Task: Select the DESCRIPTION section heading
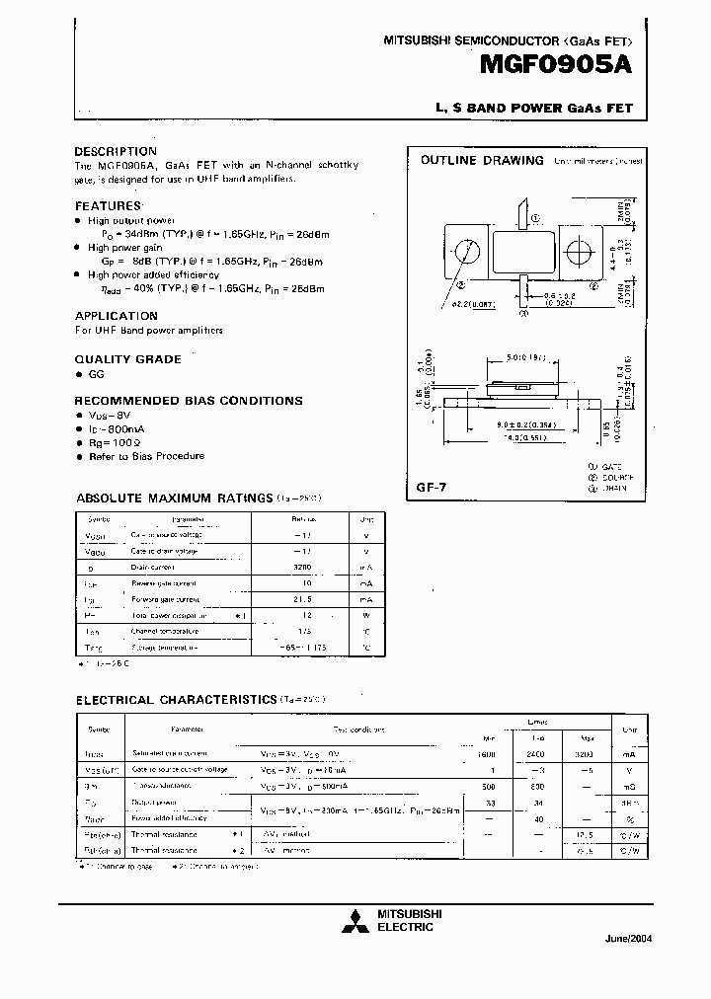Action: pyautogui.click(x=116, y=151)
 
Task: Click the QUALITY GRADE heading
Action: pyautogui.click(x=128, y=359)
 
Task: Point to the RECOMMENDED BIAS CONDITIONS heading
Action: pyautogui.click(x=189, y=401)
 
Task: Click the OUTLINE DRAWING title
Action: pyautogui.click(x=482, y=160)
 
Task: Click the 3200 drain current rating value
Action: pyautogui.click(x=302, y=568)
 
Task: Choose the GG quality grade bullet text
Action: pyautogui.click(x=97, y=374)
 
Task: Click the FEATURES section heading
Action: pyautogui.click(x=108, y=205)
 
